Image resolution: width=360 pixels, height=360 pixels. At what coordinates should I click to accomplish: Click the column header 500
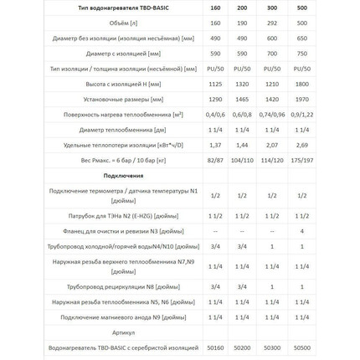(302, 8)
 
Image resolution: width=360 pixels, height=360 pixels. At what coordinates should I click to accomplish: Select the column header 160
(215, 8)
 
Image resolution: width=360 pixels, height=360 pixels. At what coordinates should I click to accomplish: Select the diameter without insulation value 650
(302, 38)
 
